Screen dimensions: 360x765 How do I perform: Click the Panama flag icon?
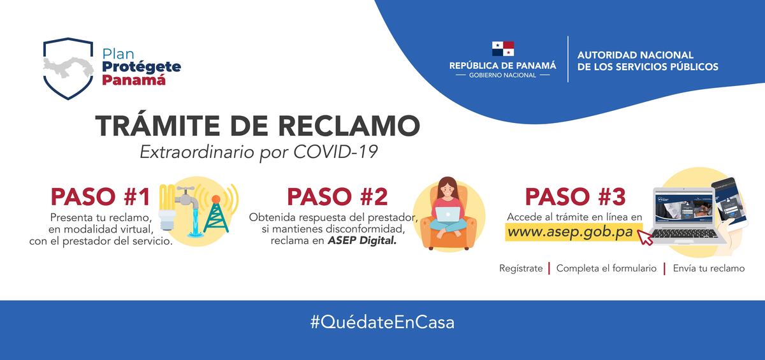(x=502, y=48)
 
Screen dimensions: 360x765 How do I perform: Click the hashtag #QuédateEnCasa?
(x=382, y=322)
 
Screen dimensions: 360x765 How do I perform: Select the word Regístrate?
(x=521, y=268)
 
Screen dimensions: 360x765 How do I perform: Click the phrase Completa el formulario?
(x=606, y=268)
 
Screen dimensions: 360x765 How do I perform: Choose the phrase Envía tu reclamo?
(x=708, y=268)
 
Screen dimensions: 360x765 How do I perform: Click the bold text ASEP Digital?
(x=359, y=241)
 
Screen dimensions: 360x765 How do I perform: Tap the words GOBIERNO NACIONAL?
(x=502, y=75)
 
